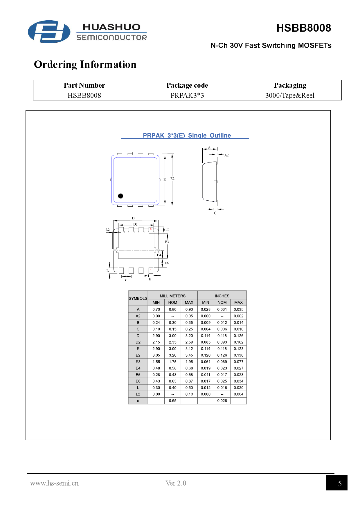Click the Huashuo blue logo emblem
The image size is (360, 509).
pyautogui.click(x=49, y=32)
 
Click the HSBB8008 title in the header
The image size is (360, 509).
pyautogui.click(x=303, y=28)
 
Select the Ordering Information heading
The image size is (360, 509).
pyautogui.click(x=85, y=64)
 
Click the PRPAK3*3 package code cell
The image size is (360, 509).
pyautogui.click(x=187, y=95)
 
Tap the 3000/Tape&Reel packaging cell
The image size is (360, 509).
pyautogui.click(x=290, y=95)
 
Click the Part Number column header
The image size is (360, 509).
pyautogui.click(x=84, y=85)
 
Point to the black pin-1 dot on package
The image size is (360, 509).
pyautogui.click(x=120, y=196)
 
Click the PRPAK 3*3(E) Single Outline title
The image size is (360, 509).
pyautogui.click(x=187, y=136)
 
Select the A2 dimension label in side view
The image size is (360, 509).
pyautogui.click(x=226, y=155)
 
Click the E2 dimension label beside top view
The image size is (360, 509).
pyautogui.click(x=172, y=179)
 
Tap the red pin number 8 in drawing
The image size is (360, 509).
pyautogui.click(x=151, y=229)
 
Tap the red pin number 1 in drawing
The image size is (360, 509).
pyautogui.click(x=151, y=270)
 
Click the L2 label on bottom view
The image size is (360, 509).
pyautogui.click(x=107, y=230)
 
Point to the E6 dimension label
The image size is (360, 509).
pyautogui.click(x=167, y=263)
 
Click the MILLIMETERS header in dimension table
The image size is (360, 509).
pyautogui.click(x=172, y=296)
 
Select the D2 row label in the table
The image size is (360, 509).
pyautogui.click(x=138, y=342)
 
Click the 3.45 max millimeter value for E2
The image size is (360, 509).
pyautogui.click(x=189, y=355)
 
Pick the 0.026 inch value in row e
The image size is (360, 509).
pyautogui.click(x=222, y=401)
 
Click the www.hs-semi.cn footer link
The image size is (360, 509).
pyautogui.click(x=54, y=483)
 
